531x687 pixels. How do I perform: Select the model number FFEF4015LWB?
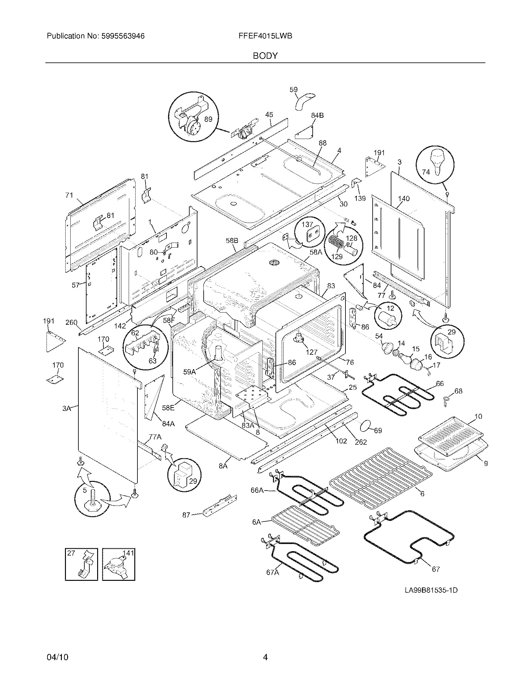pyautogui.click(x=265, y=36)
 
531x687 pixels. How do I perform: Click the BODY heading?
pyautogui.click(x=265, y=56)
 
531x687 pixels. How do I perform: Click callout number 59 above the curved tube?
pyautogui.click(x=293, y=90)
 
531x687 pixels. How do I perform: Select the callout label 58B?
pyautogui.click(x=232, y=241)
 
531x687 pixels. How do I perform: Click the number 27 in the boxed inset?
pyautogui.click(x=71, y=553)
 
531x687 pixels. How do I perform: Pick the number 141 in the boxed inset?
pyautogui.click(x=128, y=553)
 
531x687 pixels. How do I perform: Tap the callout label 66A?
pyautogui.click(x=257, y=490)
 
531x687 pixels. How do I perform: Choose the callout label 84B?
pyautogui.click(x=317, y=116)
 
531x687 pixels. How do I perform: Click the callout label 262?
pyautogui.click(x=361, y=442)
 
